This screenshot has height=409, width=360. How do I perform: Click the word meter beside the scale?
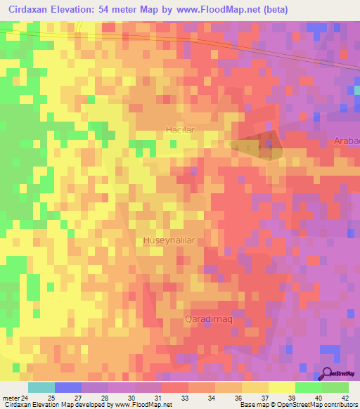click(x=10, y=397)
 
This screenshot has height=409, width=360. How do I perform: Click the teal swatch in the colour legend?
click(x=41, y=387)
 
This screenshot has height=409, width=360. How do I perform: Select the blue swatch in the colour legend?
click(x=67, y=387)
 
